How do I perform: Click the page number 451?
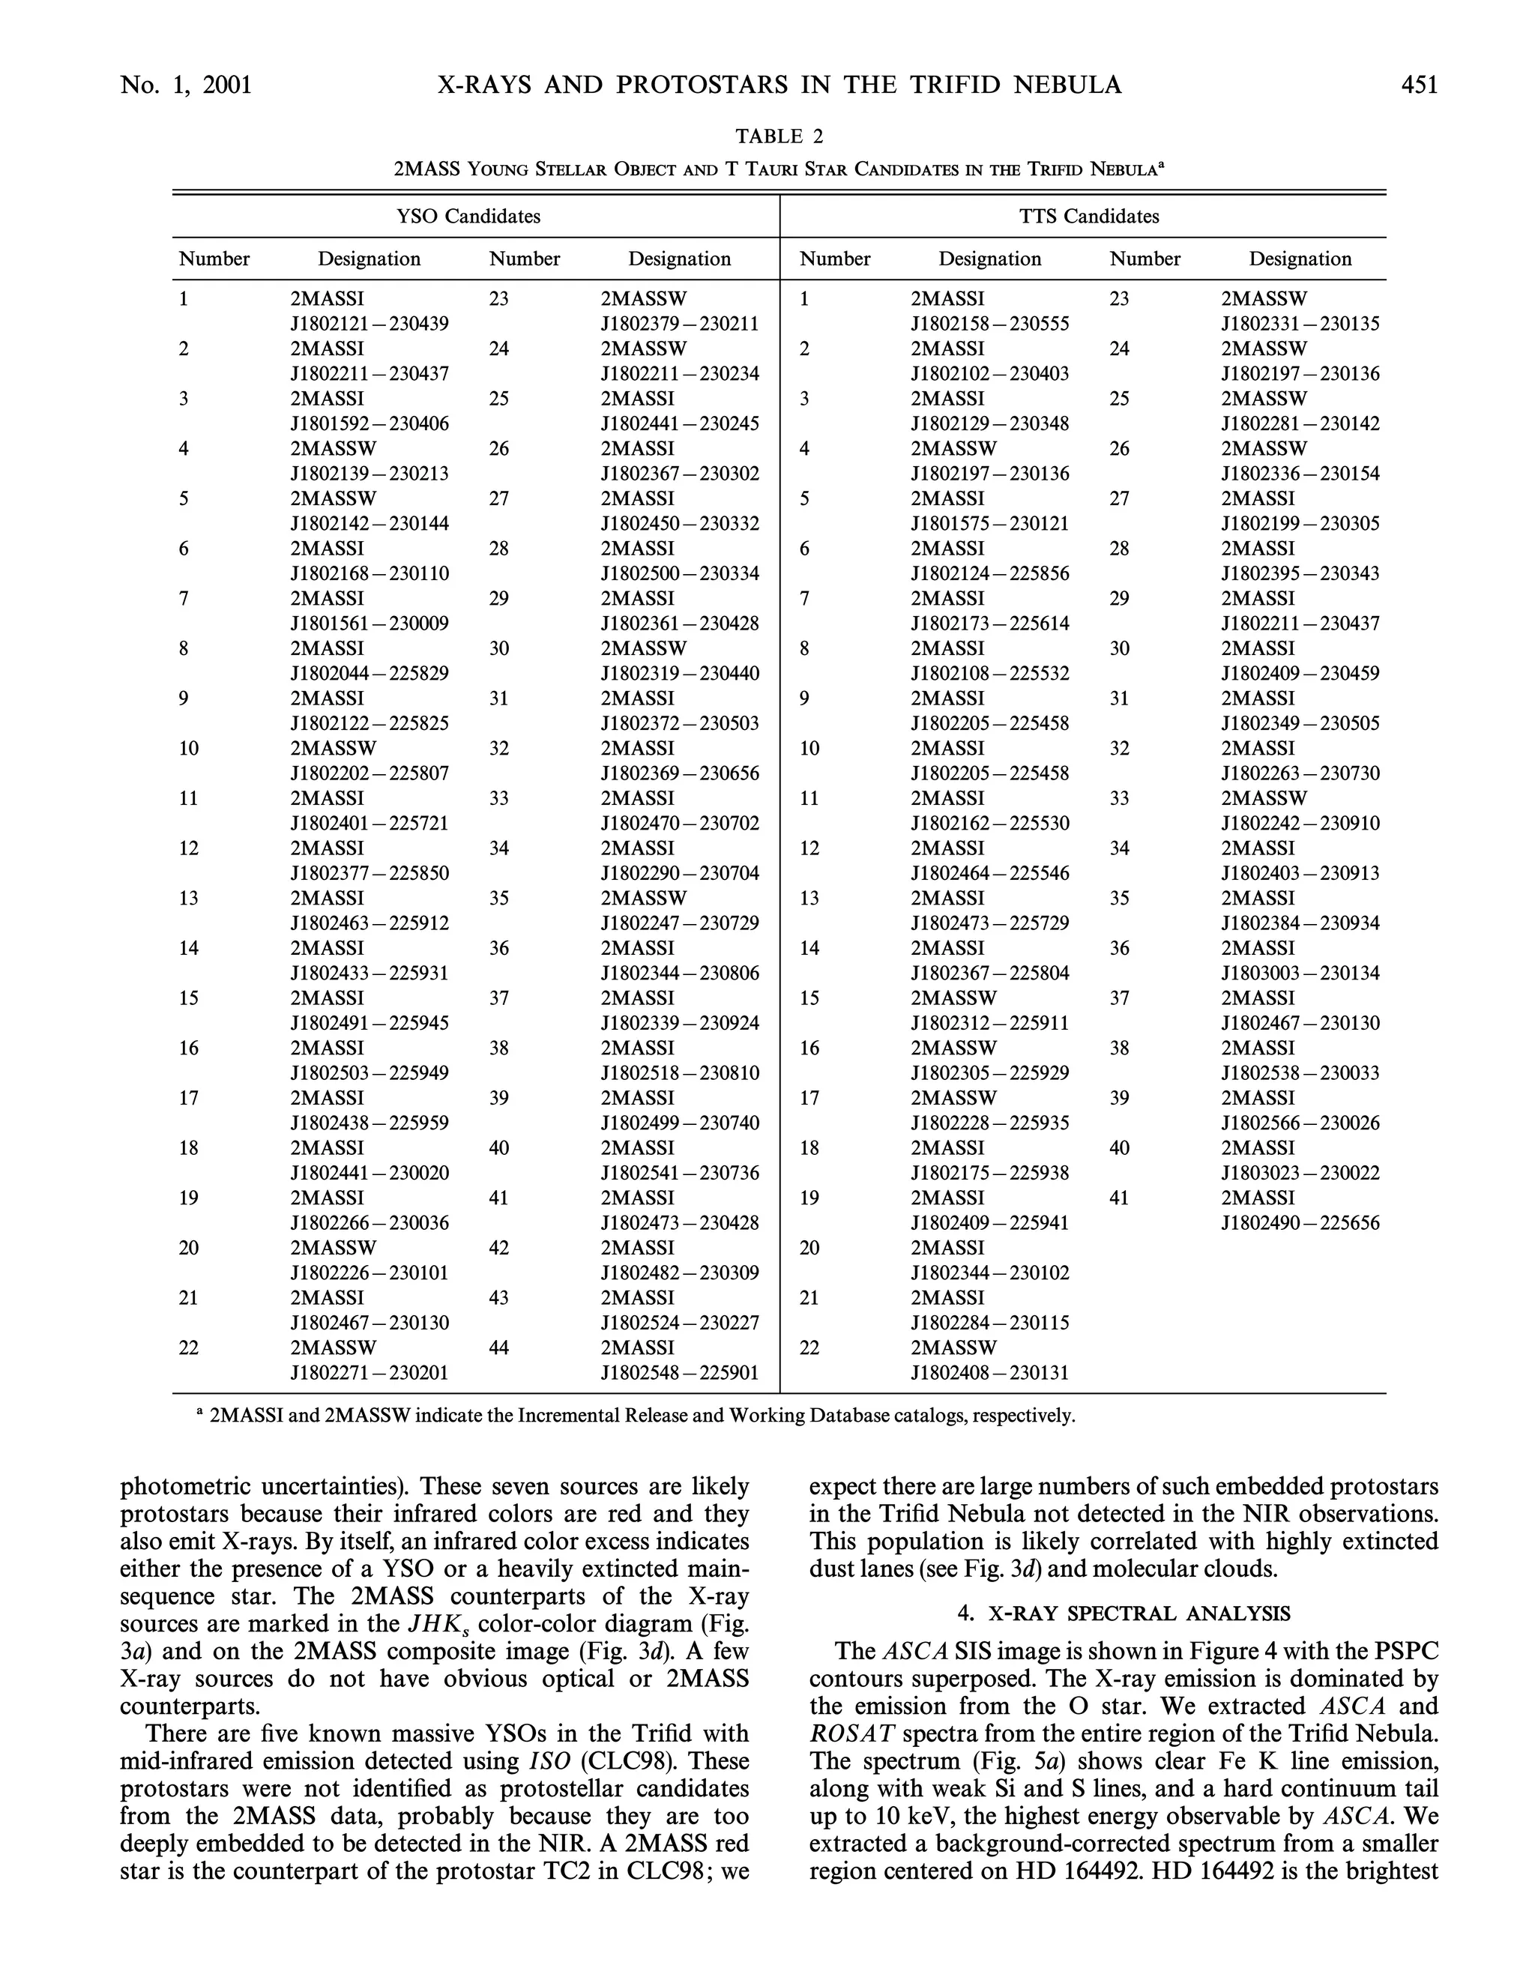click(1419, 85)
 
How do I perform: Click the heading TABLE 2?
click(779, 136)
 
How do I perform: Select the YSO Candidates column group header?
click(468, 217)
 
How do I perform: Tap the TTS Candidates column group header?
click(1088, 217)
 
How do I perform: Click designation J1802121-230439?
click(370, 324)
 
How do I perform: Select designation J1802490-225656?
click(1300, 1223)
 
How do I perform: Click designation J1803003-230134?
click(1300, 973)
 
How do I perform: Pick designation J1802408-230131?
click(989, 1372)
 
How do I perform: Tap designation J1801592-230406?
click(370, 423)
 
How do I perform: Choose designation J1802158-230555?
click(989, 324)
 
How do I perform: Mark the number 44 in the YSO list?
click(499, 1347)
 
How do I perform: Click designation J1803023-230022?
click(1300, 1173)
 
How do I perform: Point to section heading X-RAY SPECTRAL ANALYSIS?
click(1124, 1614)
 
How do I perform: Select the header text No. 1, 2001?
click(186, 85)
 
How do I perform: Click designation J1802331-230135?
click(1300, 324)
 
